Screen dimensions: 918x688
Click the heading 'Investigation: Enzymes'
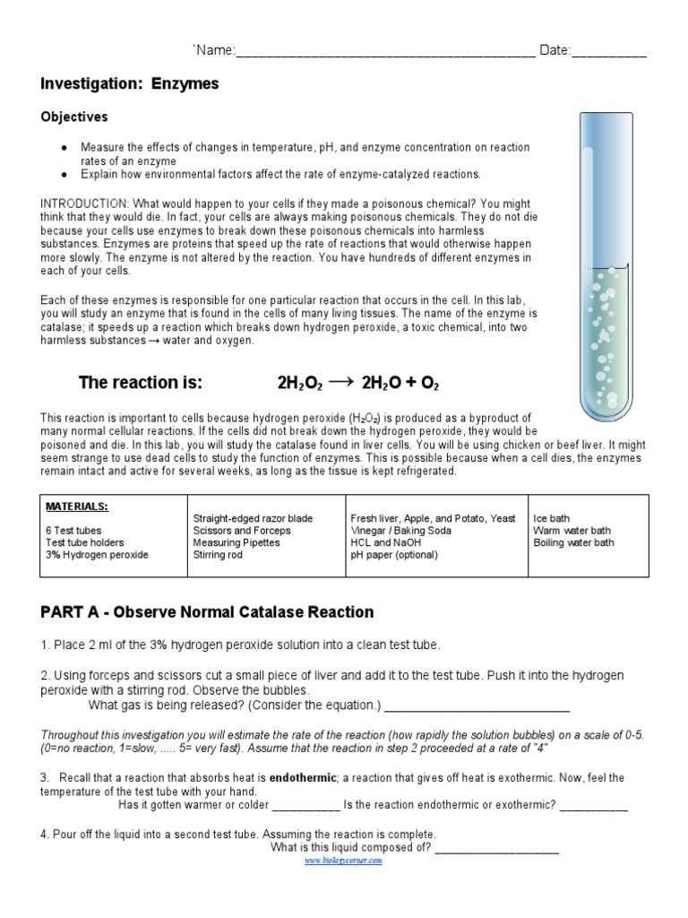129,84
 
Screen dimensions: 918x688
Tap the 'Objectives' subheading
74,117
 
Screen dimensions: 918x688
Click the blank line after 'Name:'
385,52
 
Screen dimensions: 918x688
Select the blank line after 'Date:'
608,52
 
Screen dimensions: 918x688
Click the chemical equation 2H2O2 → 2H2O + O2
358,384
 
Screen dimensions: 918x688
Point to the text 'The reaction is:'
142,384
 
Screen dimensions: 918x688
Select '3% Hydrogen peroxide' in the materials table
97,555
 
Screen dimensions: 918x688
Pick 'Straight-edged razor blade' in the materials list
253,519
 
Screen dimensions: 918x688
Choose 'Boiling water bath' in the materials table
573,543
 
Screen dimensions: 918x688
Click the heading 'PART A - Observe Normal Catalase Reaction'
207,612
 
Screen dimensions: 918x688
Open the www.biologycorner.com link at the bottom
343,861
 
